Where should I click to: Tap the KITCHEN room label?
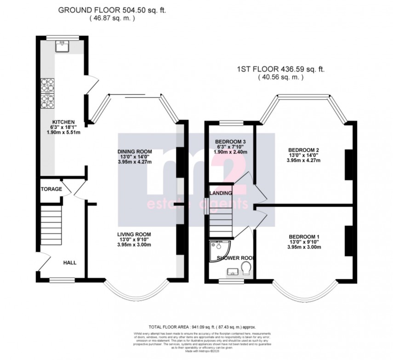(x=63, y=122)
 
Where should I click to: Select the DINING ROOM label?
(x=134, y=152)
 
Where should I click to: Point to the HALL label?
(x=70, y=263)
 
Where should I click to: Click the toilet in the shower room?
(x=246, y=268)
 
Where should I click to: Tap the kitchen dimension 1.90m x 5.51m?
(x=63, y=133)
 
